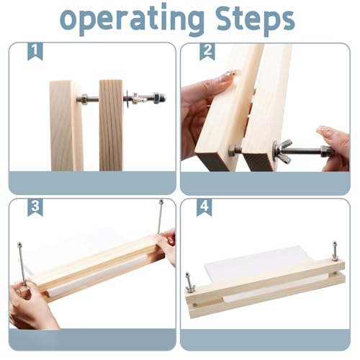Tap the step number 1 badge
click(x=35, y=52)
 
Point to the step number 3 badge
click(x=35, y=208)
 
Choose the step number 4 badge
click(x=206, y=208)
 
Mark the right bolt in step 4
click(x=335, y=251)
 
